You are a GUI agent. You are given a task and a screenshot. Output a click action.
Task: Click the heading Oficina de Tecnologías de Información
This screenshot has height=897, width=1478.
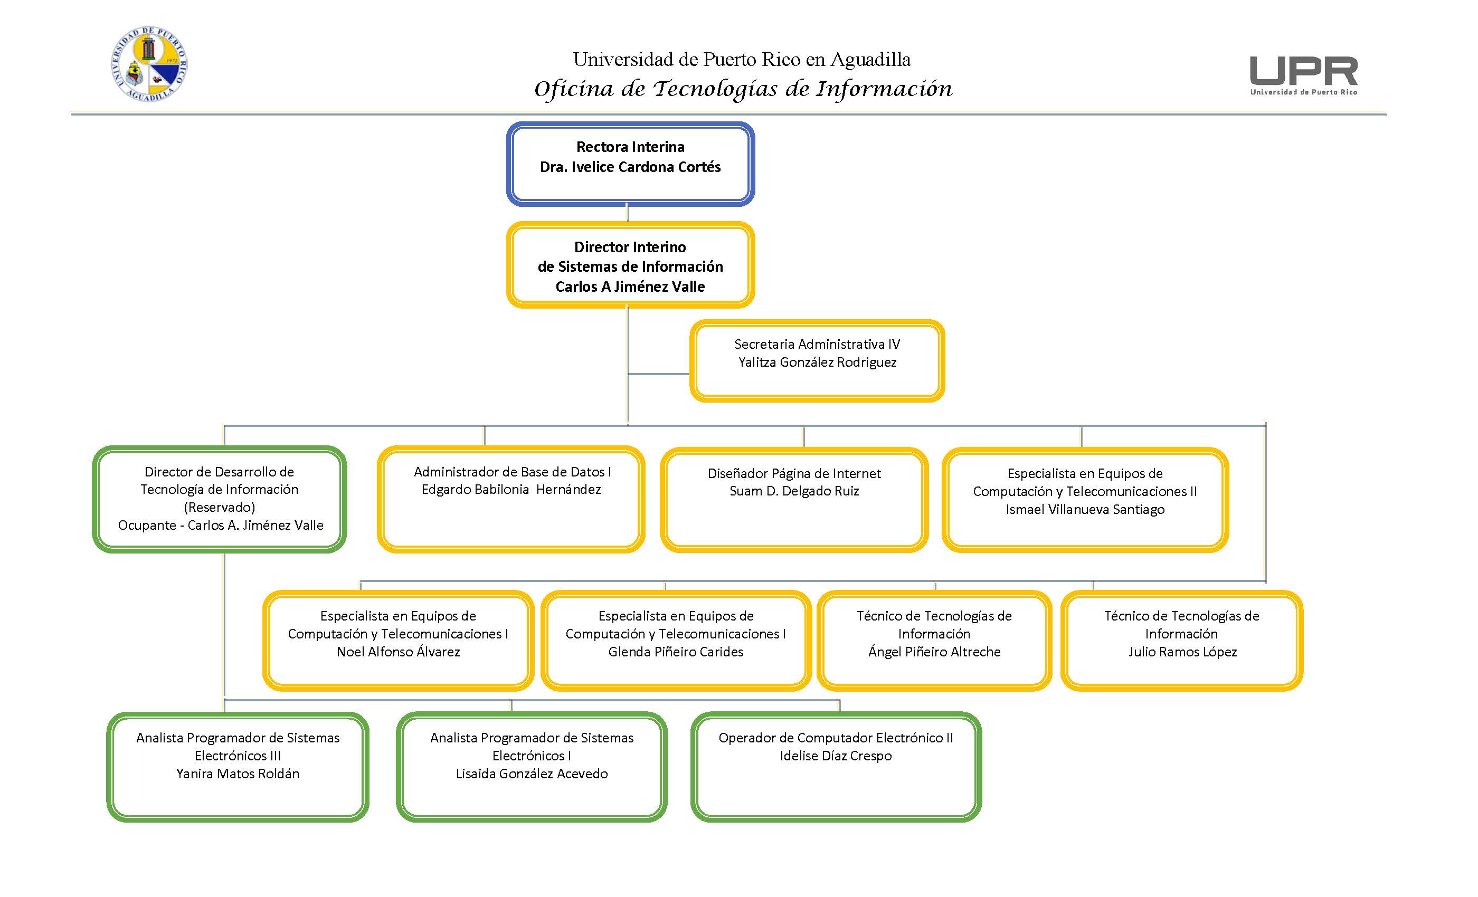(x=743, y=89)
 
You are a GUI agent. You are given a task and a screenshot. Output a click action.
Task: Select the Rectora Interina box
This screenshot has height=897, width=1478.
(x=630, y=164)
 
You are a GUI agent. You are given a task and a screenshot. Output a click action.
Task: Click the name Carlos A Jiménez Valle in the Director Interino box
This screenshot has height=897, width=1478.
(x=630, y=287)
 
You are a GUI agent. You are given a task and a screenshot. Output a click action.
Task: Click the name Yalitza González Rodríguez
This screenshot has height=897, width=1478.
(x=817, y=362)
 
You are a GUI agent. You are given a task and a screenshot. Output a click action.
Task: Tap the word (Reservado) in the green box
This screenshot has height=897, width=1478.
(x=220, y=507)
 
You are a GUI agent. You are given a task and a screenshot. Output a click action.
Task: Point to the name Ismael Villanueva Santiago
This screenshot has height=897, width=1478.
(x=1085, y=509)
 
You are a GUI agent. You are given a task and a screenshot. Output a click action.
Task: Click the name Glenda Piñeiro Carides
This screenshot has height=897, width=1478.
(x=676, y=652)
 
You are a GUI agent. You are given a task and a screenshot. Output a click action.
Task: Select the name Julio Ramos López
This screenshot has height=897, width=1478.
(x=1182, y=652)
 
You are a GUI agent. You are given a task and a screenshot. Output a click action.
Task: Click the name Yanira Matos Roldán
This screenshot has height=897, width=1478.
(x=238, y=774)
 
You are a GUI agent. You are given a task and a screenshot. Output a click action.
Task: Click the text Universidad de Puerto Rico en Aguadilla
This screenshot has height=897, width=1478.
(x=742, y=59)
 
